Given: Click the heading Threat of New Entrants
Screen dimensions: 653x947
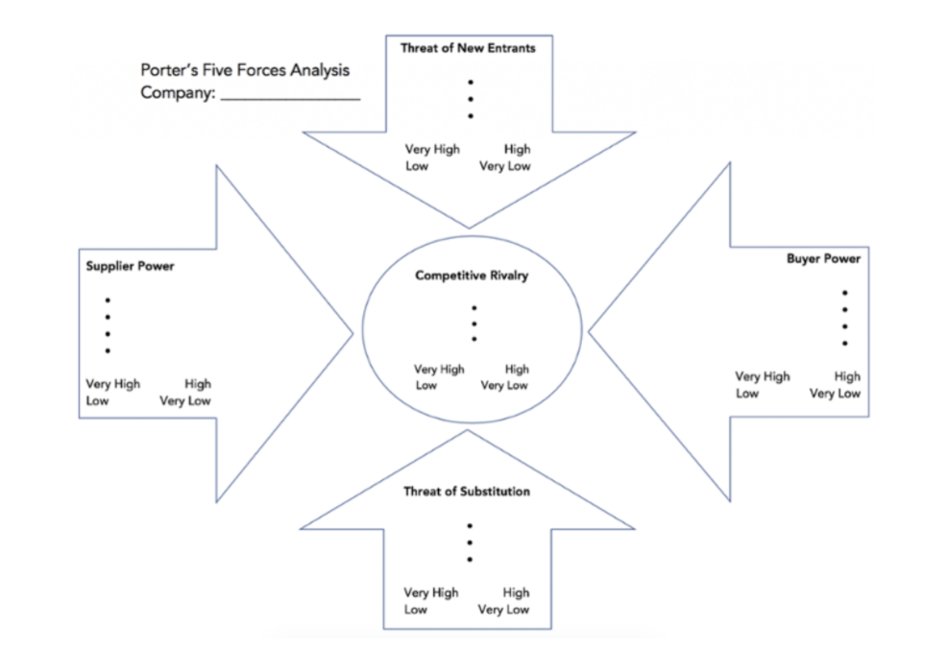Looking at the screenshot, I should coord(468,47).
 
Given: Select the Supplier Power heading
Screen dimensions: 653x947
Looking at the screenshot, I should coord(131,266).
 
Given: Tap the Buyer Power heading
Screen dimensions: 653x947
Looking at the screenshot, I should coord(823,258).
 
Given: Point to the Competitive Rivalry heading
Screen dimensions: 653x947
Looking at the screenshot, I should coord(472,276).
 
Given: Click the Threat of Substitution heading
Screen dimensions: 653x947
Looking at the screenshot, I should coord(466,492).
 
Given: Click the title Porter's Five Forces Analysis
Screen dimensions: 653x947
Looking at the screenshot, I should coord(245,71).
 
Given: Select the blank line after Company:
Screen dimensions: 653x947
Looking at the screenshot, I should coord(290,95).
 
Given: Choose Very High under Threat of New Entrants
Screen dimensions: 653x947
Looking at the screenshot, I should coord(432,149).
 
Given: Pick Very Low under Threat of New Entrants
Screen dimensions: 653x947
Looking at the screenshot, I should coord(504,166).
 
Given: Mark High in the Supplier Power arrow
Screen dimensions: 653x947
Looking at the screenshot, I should coord(198,384).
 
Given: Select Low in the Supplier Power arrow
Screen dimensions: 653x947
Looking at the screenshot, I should coord(97,401).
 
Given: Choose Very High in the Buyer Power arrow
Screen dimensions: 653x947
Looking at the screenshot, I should coord(763,376).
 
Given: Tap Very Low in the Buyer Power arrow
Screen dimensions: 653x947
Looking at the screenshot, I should coord(835,394).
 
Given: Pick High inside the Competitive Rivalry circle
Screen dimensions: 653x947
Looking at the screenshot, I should coord(517,369).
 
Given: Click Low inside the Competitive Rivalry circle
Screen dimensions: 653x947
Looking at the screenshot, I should coord(425,386).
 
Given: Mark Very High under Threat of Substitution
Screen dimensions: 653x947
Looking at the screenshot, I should coord(431,593).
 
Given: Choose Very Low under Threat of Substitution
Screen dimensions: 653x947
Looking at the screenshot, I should coord(503,610).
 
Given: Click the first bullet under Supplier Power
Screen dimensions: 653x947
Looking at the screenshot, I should coord(108,300).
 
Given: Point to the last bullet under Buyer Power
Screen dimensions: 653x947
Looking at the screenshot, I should coord(845,343).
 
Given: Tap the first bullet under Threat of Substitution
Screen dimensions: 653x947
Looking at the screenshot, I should coord(470,525).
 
